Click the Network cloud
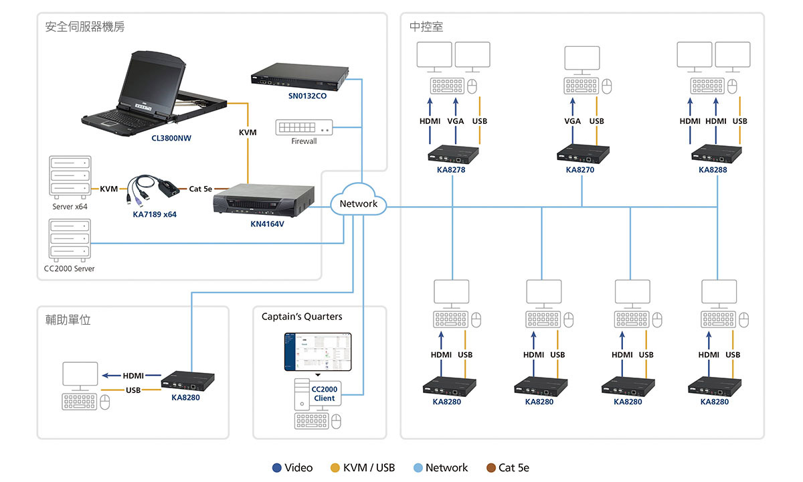click(359, 204)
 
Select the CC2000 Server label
click(69, 268)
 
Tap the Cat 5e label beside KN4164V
click(200, 189)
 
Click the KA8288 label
click(713, 170)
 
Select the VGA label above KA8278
click(456, 121)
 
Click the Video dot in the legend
click(277, 468)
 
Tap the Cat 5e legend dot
click(491, 468)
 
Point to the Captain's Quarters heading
click(302, 317)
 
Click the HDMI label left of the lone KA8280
click(133, 376)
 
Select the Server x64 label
click(70, 206)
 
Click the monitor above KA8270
click(582, 58)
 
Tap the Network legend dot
click(418, 468)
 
